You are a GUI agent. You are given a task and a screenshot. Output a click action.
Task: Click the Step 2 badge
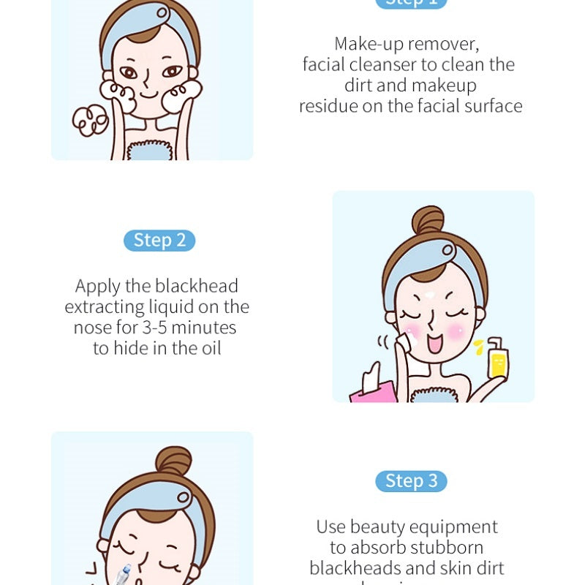(x=160, y=240)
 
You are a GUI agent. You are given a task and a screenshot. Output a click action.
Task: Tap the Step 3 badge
(x=411, y=480)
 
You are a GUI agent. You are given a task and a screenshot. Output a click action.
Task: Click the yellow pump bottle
(x=497, y=358)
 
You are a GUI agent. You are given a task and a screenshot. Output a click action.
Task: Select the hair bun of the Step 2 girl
(x=427, y=220)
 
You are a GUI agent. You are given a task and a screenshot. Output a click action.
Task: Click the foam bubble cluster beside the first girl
(x=90, y=120)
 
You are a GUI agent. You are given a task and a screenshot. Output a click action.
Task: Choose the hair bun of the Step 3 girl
(x=173, y=461)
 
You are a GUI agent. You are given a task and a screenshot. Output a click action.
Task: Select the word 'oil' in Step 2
(x=208, y=348)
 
